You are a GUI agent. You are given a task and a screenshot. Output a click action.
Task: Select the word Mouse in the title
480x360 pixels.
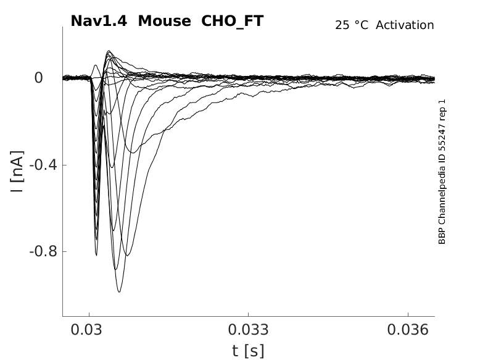click(x=164, y=21)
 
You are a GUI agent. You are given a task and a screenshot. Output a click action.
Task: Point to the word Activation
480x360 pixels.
click(x=405, y=25)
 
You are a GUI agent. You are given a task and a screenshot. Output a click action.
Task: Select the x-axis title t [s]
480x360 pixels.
click(x=248, y=351)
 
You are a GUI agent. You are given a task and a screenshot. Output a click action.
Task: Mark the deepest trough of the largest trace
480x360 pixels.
click(x=119, y=291)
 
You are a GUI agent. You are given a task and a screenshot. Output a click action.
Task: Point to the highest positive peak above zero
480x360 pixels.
click(x=109, y=51)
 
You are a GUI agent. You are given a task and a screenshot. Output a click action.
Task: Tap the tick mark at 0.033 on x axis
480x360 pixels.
click(x=248, y=316)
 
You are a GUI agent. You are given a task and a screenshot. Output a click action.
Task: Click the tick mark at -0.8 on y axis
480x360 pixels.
click(x=64, y=252)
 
